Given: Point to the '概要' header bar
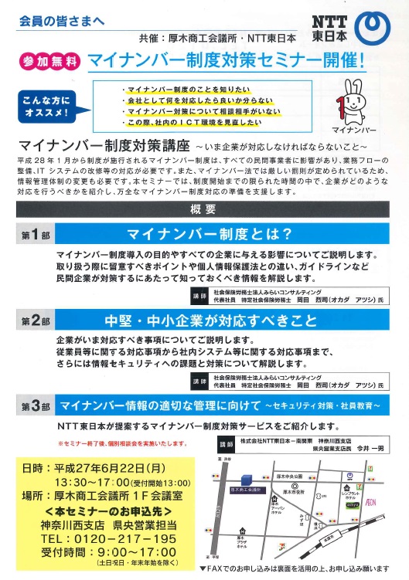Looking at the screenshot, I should coord(203,209).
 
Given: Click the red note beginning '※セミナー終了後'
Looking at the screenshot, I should coord(122,443).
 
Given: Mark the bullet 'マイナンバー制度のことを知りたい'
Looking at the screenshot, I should coord(179,90).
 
